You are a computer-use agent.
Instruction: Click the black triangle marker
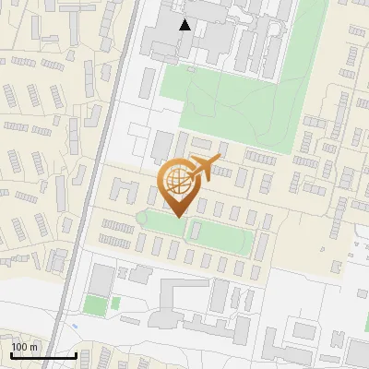tap(185, 25)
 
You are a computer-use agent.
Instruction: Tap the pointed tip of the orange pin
tap(176, 217)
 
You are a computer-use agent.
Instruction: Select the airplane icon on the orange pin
tap(205, 167)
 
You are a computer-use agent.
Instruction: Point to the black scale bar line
tap(43, 355)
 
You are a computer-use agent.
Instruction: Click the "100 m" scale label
tap(24, 347)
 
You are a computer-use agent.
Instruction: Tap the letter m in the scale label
tap(33, 347)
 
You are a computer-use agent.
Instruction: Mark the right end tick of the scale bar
tap(76, 353)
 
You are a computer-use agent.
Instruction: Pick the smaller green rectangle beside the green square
tap(115, 304)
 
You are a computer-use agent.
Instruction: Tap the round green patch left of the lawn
tap(143, 218)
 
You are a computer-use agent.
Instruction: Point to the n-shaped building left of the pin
tap(120, 190)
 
